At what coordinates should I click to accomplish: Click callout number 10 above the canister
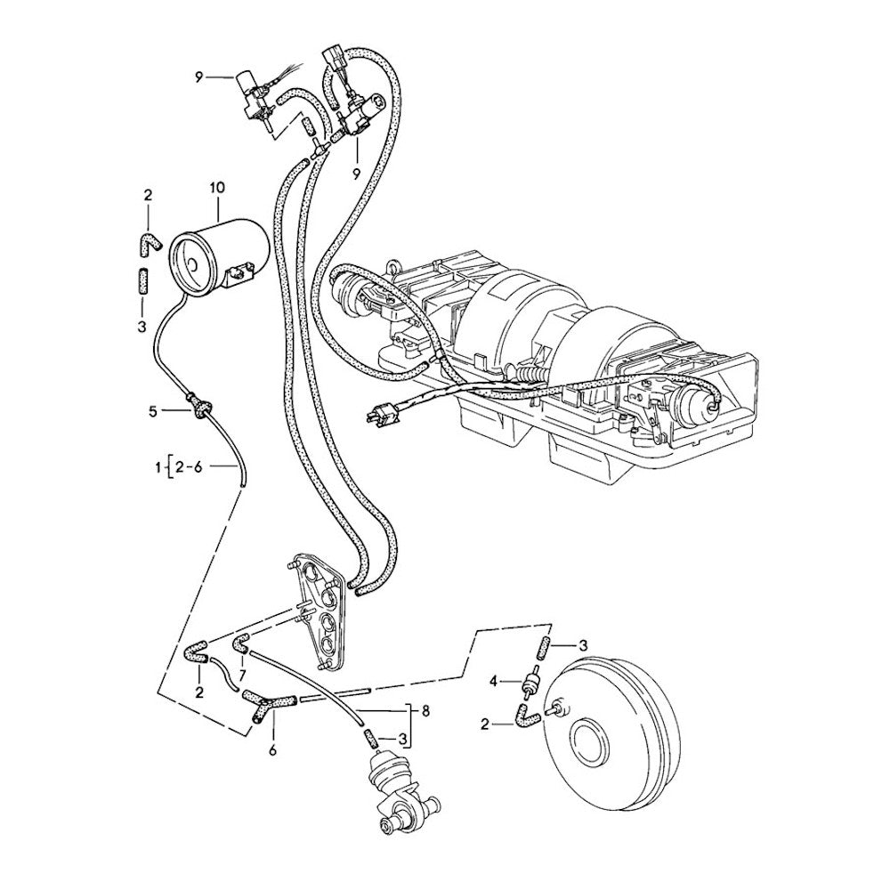click(x=218, y=188)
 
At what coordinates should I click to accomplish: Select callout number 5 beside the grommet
click(x=153, y=411)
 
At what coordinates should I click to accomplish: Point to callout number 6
click(x=272, y=751)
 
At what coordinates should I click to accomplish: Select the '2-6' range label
click(x=189, y=465)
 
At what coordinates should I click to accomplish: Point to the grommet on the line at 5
click(x=200, y=409)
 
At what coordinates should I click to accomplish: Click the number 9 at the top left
click(x=200, y=77)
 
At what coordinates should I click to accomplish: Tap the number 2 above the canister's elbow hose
click(x=148, y=195)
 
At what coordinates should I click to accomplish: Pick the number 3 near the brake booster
click(x=583, y=644)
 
